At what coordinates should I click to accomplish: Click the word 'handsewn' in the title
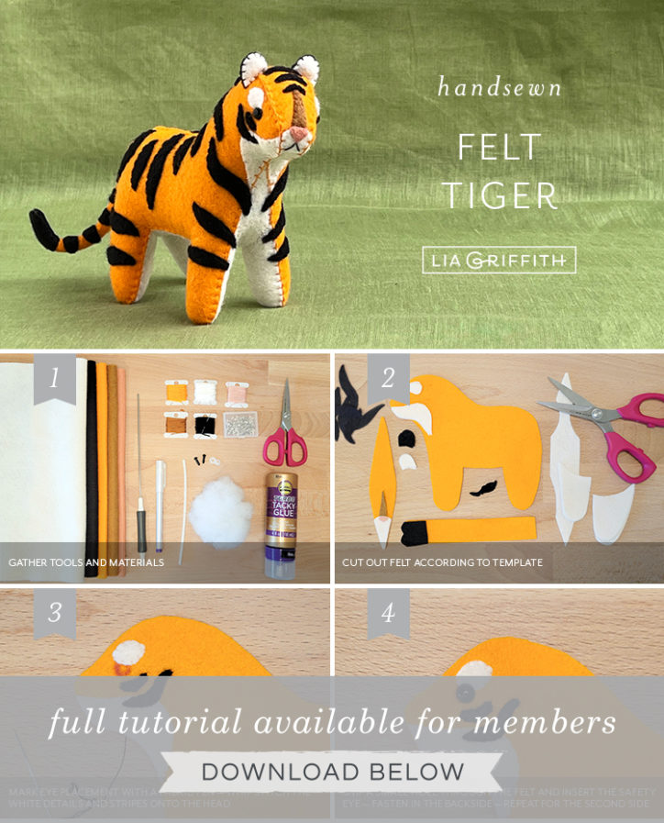click(x=499, y=88)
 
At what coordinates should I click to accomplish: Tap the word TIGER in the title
click(x=500, y=195)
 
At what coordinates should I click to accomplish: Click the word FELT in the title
click(x=500, y=147)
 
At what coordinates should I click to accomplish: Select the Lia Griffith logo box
click(x=499, y=260)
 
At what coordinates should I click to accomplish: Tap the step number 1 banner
click(x=54, y=377)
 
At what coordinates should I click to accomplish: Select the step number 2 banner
click(x=388, y=377)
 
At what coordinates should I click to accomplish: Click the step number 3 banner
click(x=54, y=612)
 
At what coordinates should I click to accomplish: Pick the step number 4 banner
click(x=388, y=612)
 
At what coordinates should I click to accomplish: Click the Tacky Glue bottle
click(x=281, y=523)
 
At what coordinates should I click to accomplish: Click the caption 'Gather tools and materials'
click(x=86, y=562)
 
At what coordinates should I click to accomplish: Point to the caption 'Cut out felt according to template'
click(x=442, y=562)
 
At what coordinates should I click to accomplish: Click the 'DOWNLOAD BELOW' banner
click(x=332, y=772)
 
